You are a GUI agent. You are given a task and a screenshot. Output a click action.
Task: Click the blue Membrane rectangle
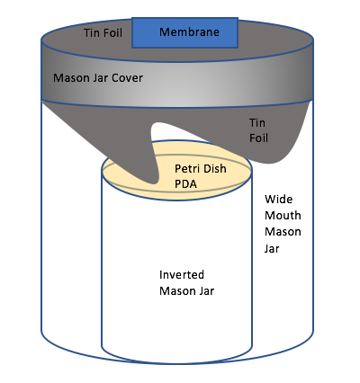pos(184,32)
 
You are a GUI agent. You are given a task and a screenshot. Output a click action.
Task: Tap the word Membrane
pos(189,31)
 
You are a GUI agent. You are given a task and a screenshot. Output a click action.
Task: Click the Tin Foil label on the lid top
pos(103,32)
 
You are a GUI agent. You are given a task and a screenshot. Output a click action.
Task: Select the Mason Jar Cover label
pos(98,78)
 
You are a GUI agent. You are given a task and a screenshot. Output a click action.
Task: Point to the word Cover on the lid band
pos(128,78)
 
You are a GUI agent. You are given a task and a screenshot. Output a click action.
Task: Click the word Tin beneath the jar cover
pos(257,122)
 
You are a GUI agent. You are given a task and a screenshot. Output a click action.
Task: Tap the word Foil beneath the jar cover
pos(258,138)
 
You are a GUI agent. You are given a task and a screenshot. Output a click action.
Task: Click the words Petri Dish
pos(201,168)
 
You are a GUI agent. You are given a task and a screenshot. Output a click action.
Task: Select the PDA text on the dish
pos(185,183)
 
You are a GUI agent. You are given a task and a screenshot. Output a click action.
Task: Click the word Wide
pos(278,200)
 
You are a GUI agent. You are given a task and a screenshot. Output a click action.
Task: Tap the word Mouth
pos(283,216)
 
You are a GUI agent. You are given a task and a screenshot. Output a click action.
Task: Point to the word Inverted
pos(182,275)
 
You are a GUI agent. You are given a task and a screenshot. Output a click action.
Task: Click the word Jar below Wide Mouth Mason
pos(272,248)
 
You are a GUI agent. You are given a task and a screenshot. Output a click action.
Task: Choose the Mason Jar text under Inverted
pos(186,291)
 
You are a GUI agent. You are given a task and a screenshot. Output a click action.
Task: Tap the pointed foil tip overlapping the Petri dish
pos(152,181)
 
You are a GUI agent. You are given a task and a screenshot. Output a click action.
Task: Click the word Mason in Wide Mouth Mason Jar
pos(283,232)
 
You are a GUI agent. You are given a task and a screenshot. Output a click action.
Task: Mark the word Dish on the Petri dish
pos(215,168)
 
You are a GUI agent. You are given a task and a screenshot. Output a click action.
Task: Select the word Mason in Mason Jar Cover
pos(72,78)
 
